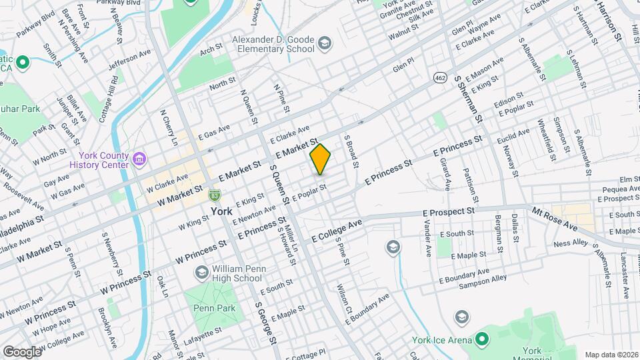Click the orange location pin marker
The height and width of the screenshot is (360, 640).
[x=320, y=159]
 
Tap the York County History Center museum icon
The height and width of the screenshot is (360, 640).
[x=139, y=159]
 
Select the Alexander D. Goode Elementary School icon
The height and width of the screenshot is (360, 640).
[x=324, y=44]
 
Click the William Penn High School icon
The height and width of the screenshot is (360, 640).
[x=201, y=273]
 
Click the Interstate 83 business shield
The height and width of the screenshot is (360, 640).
[x=214, y=195]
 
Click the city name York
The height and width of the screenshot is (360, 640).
[x=221, y=211]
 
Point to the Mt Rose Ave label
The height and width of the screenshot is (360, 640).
[x=555, y=219]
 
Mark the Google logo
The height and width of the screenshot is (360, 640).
[x=21, y=351]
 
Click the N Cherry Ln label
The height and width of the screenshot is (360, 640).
[x=168, y=128]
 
